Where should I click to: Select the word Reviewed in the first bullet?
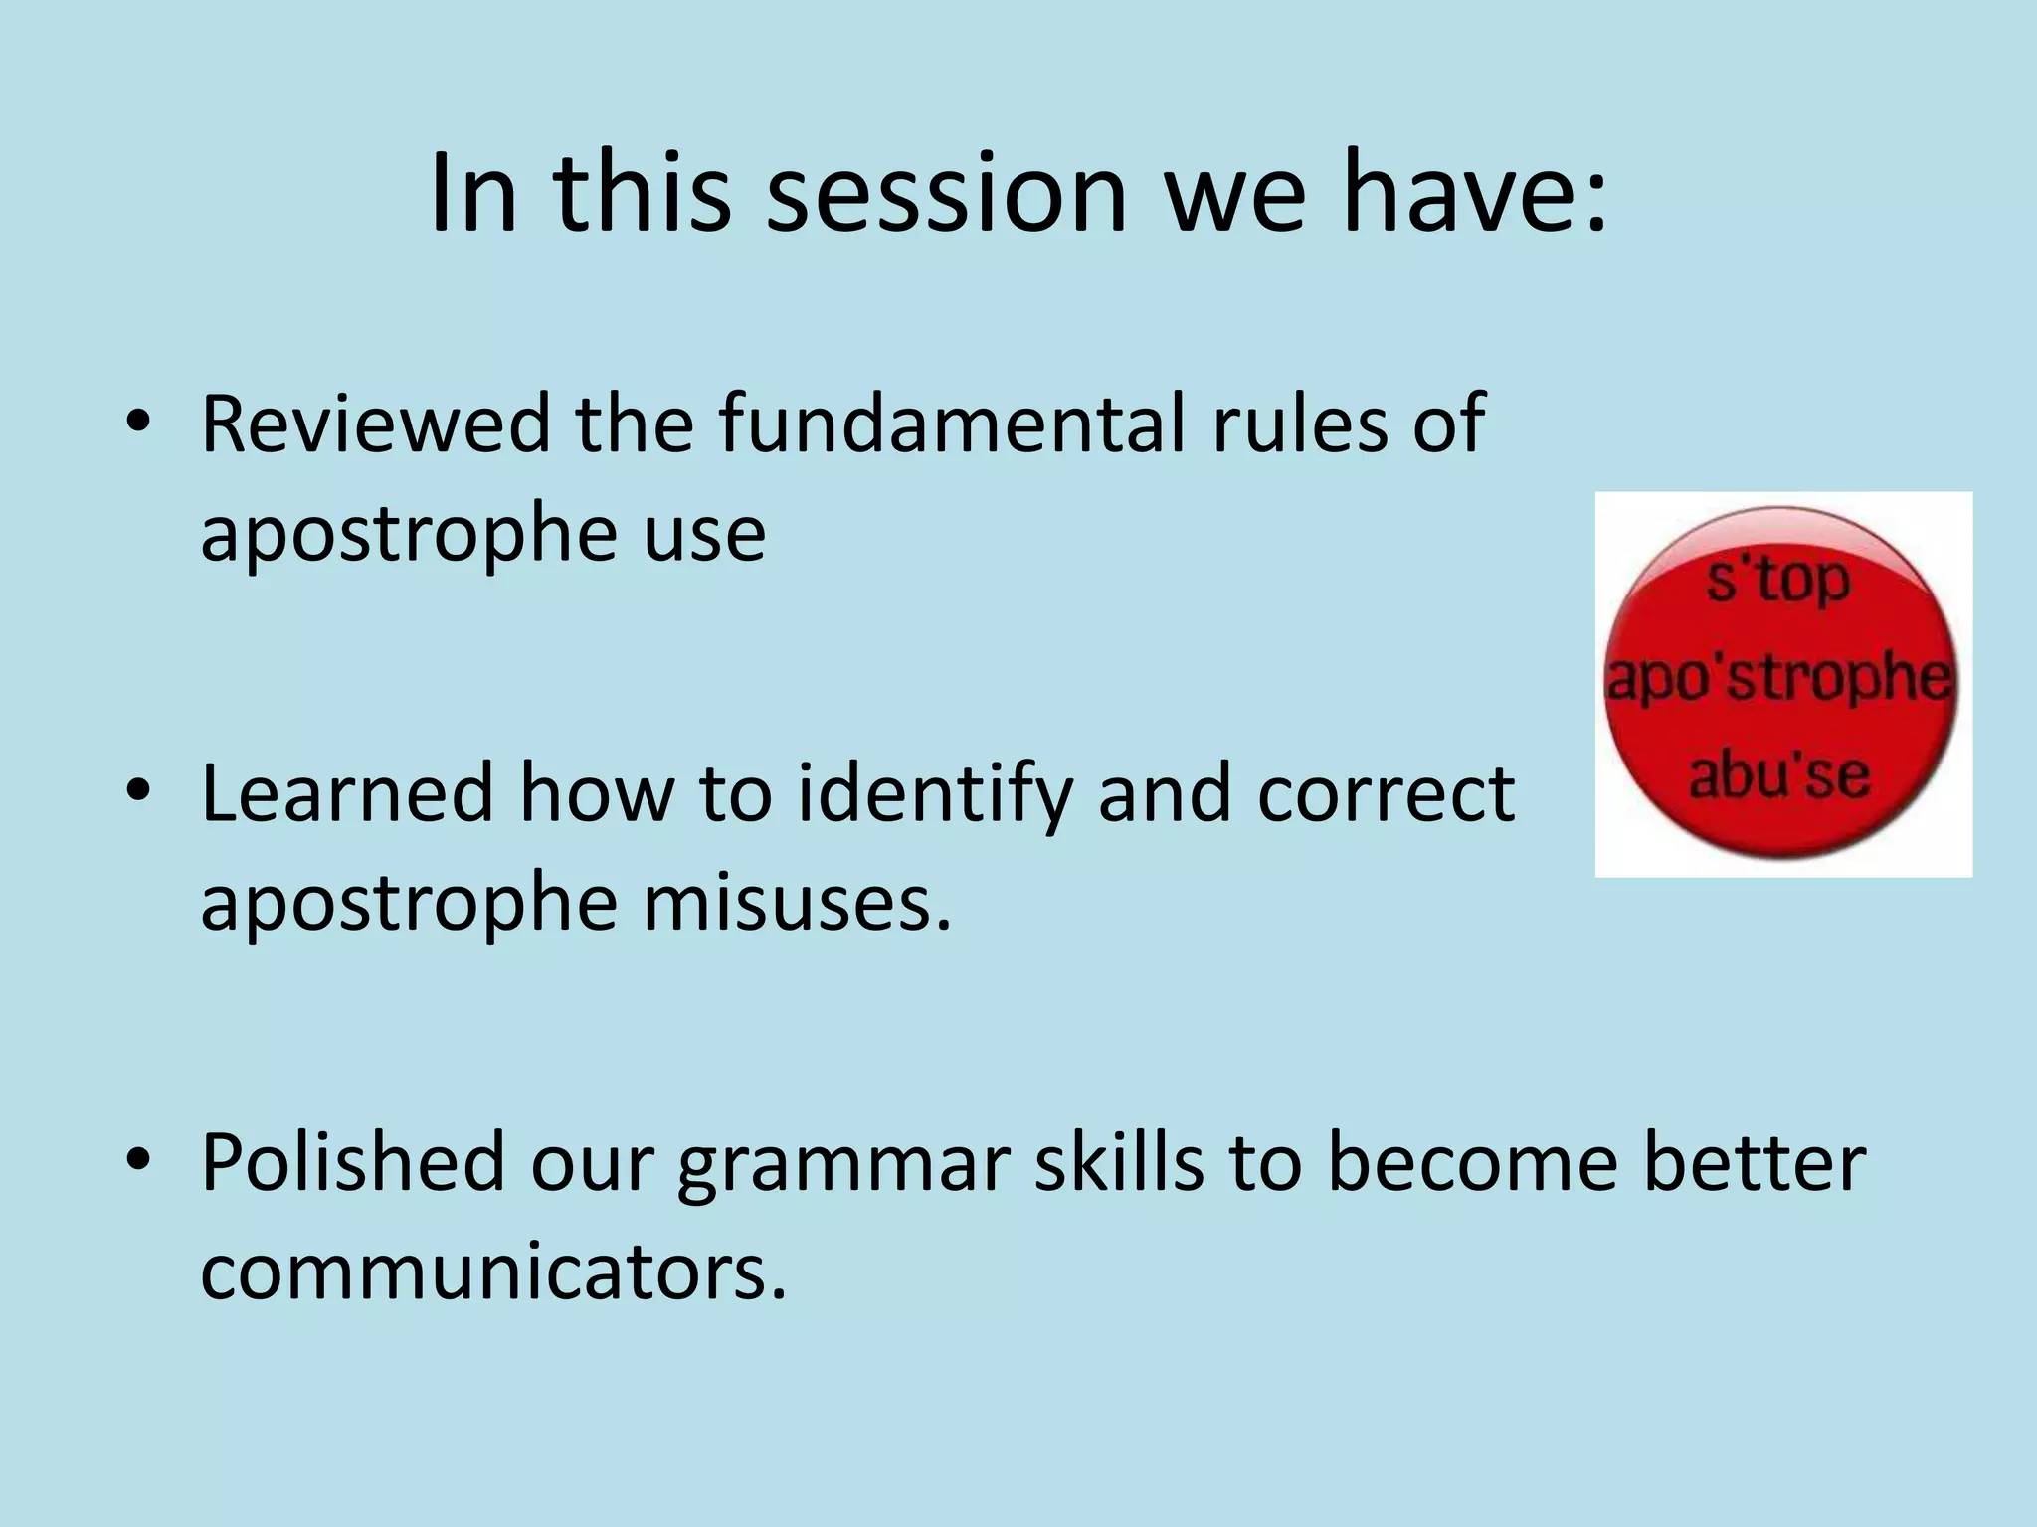376,424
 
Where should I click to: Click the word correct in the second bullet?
1385,796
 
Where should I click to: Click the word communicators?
493,1272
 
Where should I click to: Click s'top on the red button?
1777,581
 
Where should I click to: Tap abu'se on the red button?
1778,776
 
